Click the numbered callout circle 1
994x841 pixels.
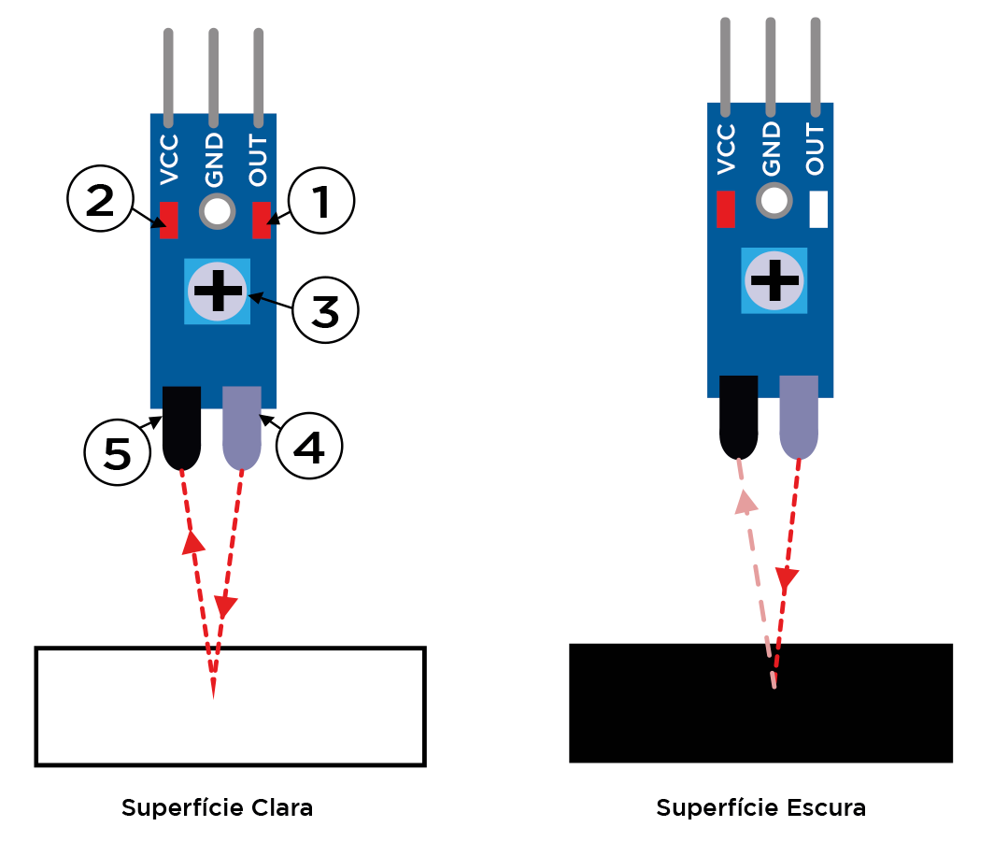(x=320, y=202)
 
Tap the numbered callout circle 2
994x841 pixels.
(x=101, y=202)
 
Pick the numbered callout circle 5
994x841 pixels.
(x=117, y=452)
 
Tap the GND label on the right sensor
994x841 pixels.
(x=771, y=149)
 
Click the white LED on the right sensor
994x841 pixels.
(x=818, y=208)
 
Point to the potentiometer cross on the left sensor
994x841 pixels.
(x=218, y=291)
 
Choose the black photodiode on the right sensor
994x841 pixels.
(x=738, y=416)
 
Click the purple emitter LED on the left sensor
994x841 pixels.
(x=242, y=428)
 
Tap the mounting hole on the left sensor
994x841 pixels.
(x=217, y=211)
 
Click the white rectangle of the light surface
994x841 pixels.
(x=230, y=706)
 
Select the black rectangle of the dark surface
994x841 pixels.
(x=760, y=703)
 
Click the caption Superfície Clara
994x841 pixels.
(x=217, y=807)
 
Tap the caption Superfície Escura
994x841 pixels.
(x=760, y=807)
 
